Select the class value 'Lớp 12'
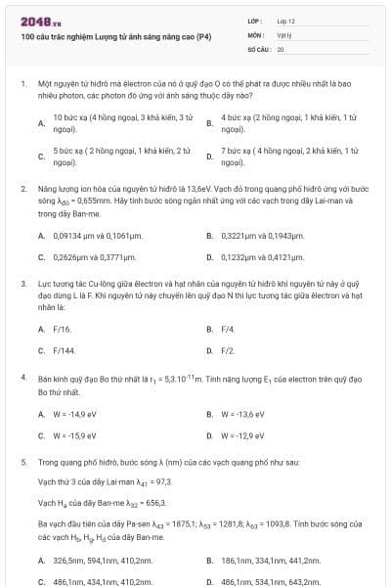point(286,21)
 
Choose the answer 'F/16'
point(63,329)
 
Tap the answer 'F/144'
point(65,350)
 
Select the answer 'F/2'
point(228,350)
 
